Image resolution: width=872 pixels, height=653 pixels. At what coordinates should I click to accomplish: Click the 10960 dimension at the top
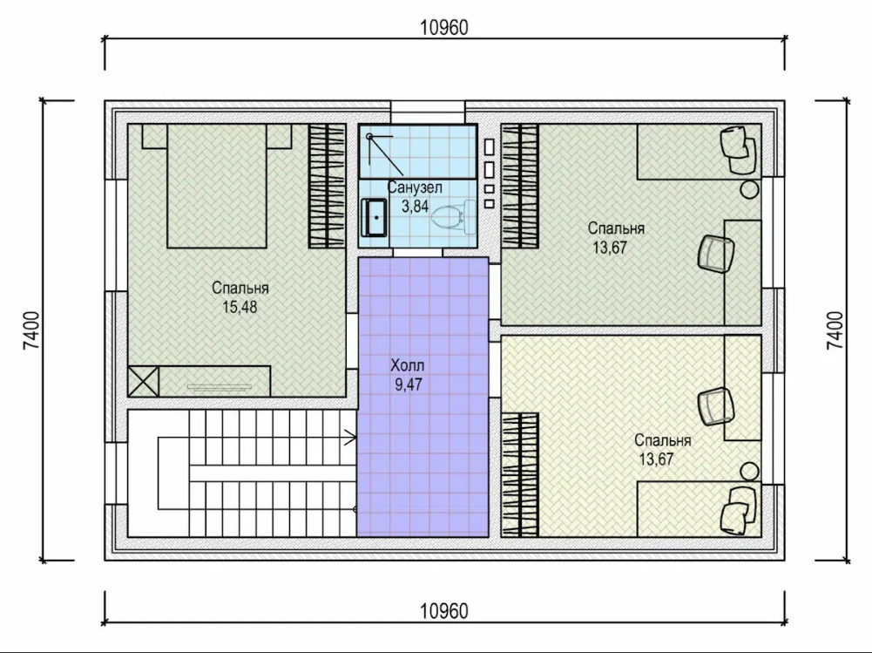pos(444,27)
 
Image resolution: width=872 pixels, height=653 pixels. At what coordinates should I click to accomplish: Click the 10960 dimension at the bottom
pos(444,610)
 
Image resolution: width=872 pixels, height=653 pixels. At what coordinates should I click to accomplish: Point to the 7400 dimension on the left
pos(31,330)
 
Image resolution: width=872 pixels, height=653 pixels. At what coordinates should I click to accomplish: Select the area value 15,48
pos(240,307)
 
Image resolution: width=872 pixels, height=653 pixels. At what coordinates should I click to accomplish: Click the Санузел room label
pos(415,187)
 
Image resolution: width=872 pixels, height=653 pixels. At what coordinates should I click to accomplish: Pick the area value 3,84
pos(416,206)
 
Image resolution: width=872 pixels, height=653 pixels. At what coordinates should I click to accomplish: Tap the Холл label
pos(408,365)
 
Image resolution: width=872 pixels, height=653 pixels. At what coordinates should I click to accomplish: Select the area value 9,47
pos(409,384)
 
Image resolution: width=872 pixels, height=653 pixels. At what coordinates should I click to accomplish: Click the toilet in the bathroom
pos(449,218)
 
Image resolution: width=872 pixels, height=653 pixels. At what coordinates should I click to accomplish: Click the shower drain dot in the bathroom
pos(368,135)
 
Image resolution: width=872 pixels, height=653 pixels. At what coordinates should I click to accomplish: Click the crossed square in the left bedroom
pos(144,381)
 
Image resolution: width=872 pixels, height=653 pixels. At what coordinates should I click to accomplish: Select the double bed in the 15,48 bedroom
pos(217,186)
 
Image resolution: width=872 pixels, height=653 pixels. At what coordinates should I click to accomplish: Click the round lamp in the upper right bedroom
pos(750,188)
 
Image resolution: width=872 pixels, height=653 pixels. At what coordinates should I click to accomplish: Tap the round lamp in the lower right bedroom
pos(750,472)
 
